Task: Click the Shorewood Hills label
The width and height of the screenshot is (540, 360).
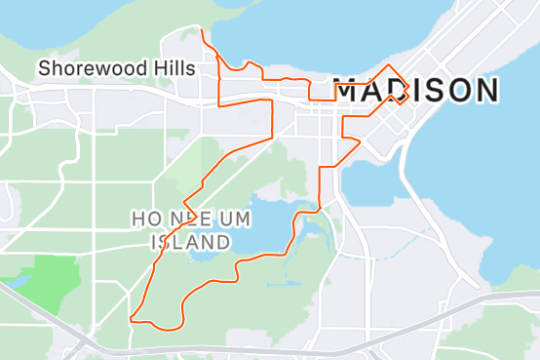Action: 116,68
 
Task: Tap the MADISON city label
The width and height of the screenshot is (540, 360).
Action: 416,91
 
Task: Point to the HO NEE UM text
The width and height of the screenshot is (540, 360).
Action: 191,217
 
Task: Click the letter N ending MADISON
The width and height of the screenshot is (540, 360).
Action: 485,91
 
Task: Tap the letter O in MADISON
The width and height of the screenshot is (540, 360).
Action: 454,91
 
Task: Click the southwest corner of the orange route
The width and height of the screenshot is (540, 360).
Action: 131,317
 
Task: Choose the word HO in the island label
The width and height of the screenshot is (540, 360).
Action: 143,217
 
